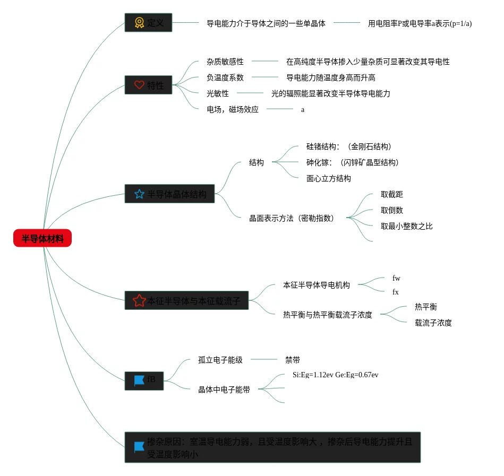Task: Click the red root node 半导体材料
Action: coord(42,239)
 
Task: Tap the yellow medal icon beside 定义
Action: coord(139,23)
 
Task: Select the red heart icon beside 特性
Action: coord(139,85)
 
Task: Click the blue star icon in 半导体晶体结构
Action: coord(139,194)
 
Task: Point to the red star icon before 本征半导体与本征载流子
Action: coord(139,301)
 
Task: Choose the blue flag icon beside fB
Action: coord(139,380)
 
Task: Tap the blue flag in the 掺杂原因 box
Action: coord(139,447)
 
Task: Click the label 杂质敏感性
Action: coord(225,62)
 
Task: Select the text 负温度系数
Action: coord(225,77)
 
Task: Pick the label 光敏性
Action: coord(218,93)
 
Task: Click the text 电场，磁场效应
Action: coord(233,109)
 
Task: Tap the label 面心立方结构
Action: coord(329,178)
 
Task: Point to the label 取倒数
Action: coord(392,210)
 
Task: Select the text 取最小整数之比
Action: coord(407,226)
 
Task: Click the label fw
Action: coord(396,278)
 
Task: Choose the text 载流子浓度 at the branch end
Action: coord(433,323)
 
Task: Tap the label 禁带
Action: coord(293,360)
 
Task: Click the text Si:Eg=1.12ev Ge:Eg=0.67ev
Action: coord(336,375)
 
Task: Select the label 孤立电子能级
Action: coord(220,360)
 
